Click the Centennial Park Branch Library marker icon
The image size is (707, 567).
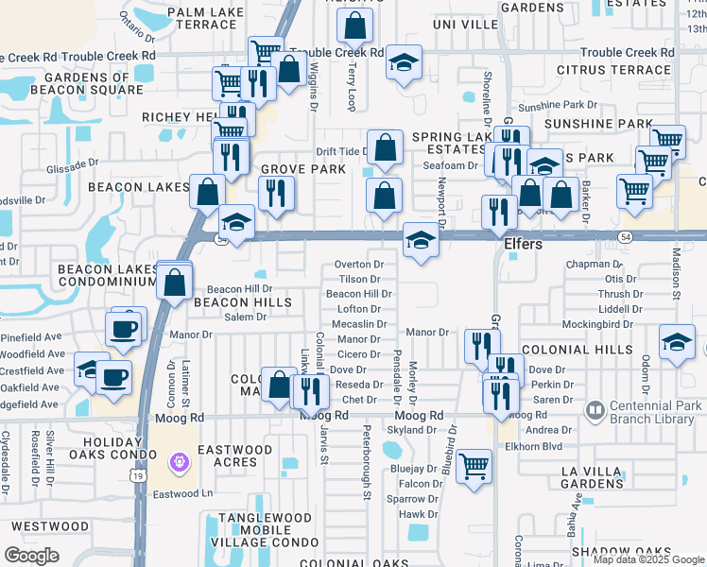pyautogui.click(x=595, y=410)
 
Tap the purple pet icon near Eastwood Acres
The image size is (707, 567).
pyautogui.click(x=179, y=462)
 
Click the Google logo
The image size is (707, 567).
pyautogui.click(x=31, y=556)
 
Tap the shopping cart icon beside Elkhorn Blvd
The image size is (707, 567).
pyautogui.click(x=474, y=465)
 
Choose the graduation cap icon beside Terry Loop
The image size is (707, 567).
pyautogui.click(x=404, y=63)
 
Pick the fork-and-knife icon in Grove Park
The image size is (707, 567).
pyautogui.click(x=276, y=194)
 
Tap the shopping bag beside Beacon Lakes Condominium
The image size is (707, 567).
pyautogui.click(x=174, y=281)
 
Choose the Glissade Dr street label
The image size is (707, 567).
pyautogui.click(x=72, y=166)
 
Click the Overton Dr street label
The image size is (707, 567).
pyautogui.click(x=359, y=265)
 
